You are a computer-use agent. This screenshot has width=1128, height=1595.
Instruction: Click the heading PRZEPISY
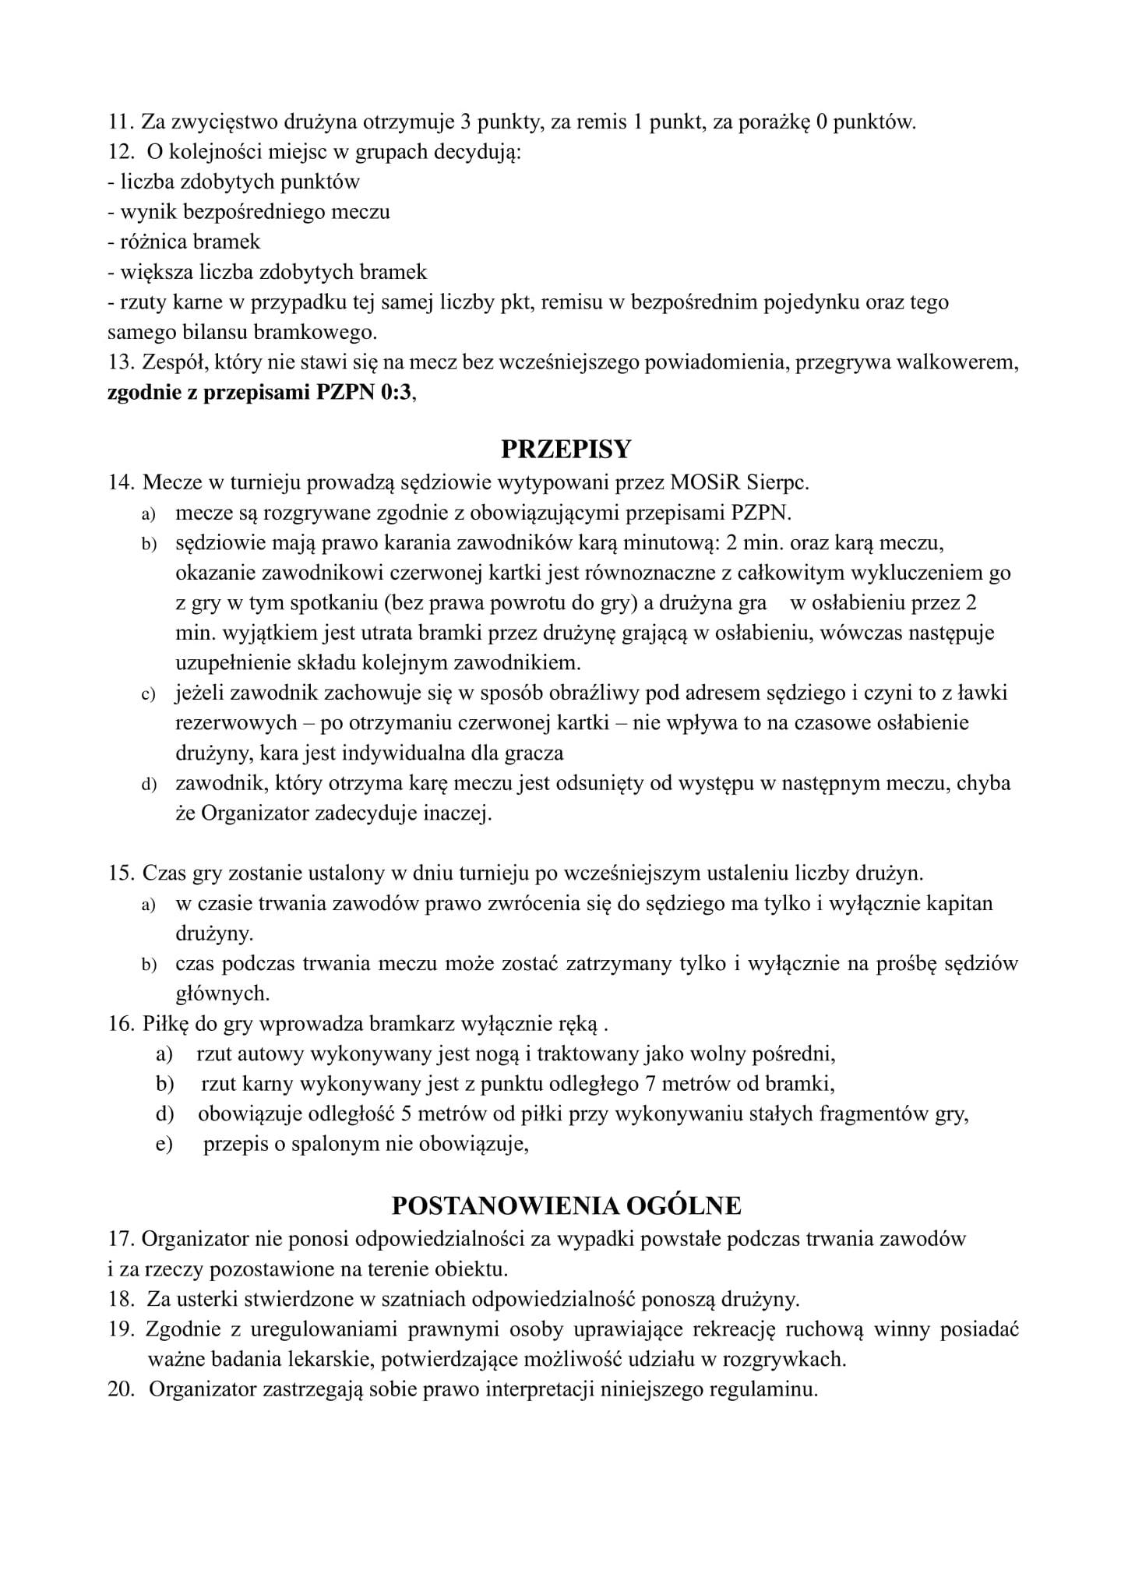[566, 450]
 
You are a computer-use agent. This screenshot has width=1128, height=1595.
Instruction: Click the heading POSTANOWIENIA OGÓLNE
[566, 1205]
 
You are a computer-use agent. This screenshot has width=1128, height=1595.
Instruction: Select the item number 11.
[120, 122]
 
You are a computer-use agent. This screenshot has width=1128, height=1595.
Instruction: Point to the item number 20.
[122, 1389]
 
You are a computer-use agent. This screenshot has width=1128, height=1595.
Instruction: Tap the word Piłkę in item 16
[165, 1023]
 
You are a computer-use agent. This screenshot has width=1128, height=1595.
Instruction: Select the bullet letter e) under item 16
[164, 1145]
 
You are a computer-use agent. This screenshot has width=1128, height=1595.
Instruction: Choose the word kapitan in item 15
[960, 904]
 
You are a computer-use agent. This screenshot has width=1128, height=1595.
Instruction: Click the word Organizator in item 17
[196, 1238]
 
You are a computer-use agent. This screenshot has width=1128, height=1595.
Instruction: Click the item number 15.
[122, 873]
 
